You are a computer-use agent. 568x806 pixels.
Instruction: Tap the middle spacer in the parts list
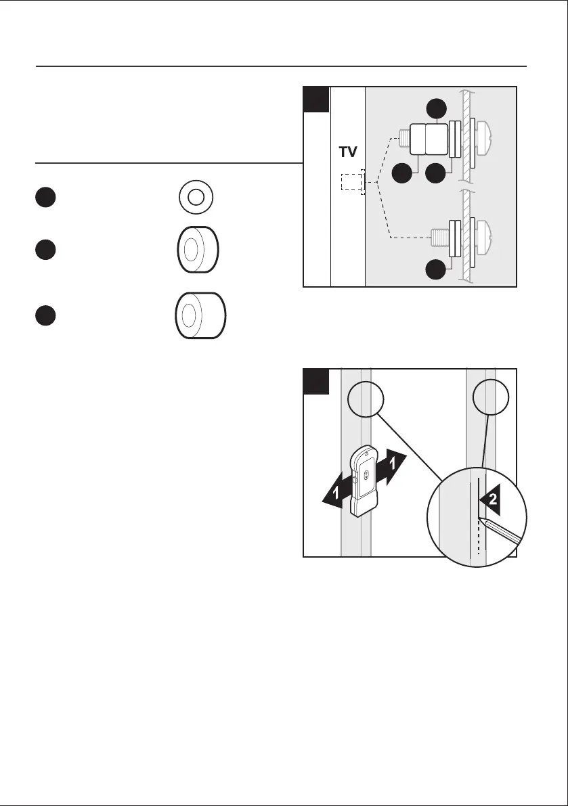[198, 250]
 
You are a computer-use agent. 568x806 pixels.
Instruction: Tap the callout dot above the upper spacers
[436, 109]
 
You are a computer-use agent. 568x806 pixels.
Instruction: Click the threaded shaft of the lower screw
[439, 236]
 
